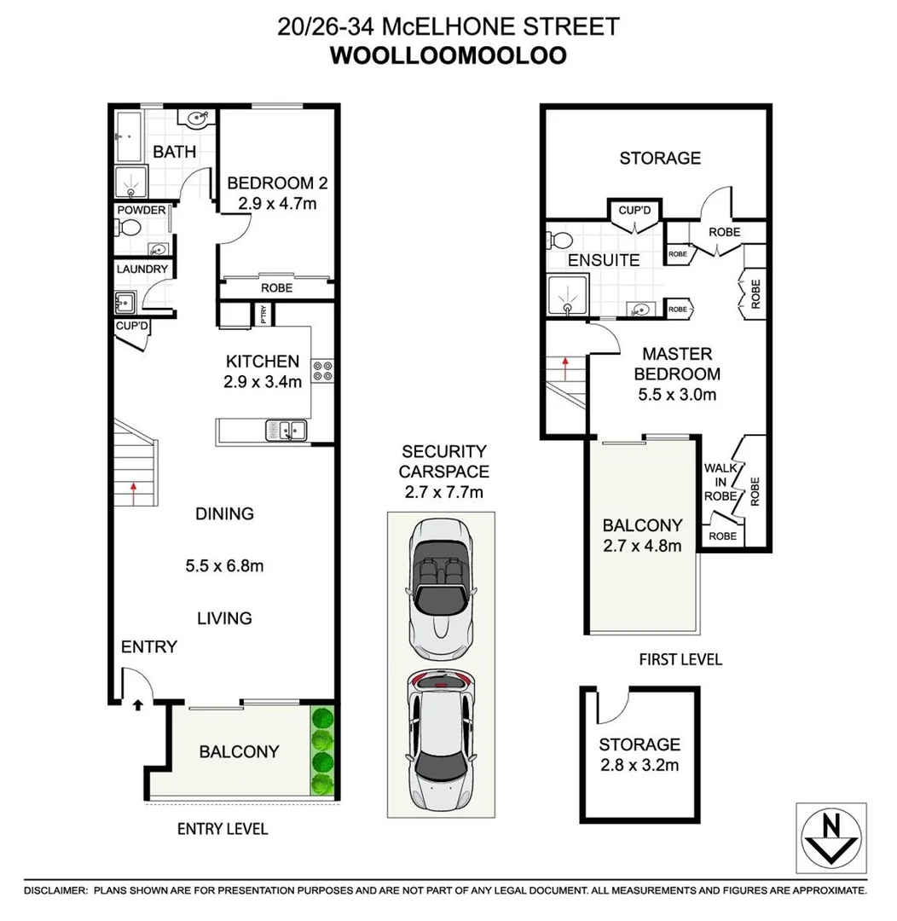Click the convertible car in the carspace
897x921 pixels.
pos(440,588)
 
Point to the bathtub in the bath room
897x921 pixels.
pos(128,136)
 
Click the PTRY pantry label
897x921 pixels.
pos(265,315)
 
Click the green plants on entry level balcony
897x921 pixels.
pos(321,750)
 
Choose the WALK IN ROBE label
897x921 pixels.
pos(720,483)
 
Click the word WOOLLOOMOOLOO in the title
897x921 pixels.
pos(448,55)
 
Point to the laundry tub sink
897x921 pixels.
pos(124,301)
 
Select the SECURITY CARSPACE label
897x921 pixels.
pos(443,460)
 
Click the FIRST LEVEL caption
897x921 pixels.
pos(680,659)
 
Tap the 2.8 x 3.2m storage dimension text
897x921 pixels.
pos(639,765)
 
